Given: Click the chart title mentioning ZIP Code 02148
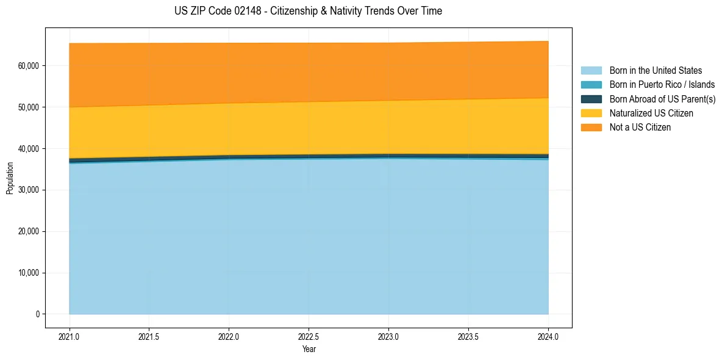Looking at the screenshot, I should click(308, 11).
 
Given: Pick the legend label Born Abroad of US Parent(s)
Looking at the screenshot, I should click(662, 99).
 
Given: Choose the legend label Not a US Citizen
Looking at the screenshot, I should click(640, 128).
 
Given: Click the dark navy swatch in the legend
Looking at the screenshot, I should click(591, 99).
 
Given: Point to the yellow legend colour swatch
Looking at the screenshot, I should click(591, 113).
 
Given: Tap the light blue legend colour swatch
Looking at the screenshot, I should click(591, 71).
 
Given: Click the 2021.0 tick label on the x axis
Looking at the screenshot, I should click(70, 336).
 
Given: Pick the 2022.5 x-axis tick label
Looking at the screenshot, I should click(309, 336).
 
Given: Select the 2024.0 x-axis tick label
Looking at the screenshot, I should click(548, 336).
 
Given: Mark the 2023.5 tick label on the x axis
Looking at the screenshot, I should click(468, 336).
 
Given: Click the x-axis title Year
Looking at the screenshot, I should click(309, 349).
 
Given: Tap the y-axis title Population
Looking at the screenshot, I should click(10, 178).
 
